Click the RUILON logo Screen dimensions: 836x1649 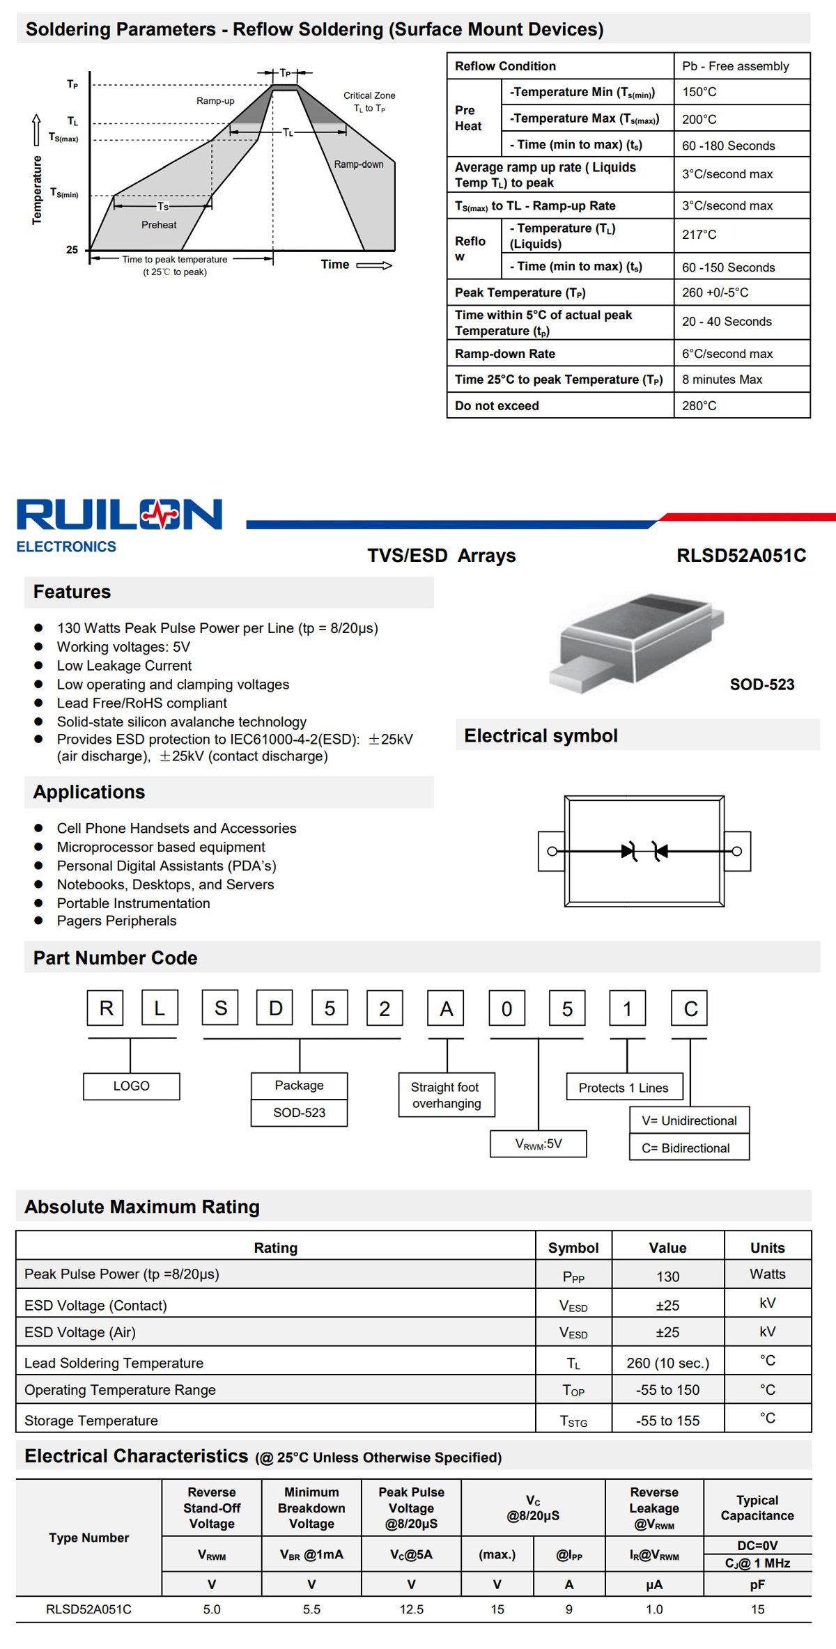(119, 525)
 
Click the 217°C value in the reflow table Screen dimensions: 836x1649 (699, 235)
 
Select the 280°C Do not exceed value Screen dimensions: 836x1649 (699, 405)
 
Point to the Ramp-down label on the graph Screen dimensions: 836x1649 (359, 164)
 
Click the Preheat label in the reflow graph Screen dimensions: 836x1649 (159, 225)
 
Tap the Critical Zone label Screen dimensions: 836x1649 (369, 95)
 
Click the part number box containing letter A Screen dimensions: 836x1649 (446, 1008)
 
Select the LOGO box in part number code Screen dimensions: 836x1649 (132, 1086)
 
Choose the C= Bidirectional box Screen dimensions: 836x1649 (689, 1148)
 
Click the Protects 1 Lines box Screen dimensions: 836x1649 (624, 1087)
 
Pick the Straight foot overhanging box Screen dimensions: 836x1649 (447, 1095)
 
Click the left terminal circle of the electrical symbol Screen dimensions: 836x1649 (552, 851)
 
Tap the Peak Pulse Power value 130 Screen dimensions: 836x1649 (667, 1276)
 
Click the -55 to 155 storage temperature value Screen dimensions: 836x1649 (667, 1421)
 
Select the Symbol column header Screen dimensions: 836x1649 (573, 1248)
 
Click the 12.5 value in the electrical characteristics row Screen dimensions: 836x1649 (412, 1609)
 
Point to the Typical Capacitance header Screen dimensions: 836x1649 (757, 1508)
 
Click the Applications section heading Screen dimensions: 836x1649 (89, 792)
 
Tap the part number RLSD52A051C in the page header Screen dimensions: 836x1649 (741, 556)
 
